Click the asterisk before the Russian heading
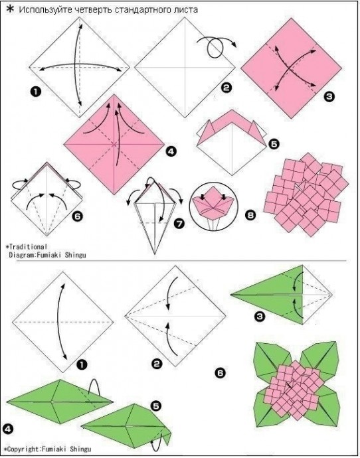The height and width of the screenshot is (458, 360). [10, 9]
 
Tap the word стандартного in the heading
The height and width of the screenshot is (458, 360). [142, 10]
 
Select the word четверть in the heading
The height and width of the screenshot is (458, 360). [93, 10]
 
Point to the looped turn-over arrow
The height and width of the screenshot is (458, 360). [217, 46]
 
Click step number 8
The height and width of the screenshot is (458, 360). [250, 215]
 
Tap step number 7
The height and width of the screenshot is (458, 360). [179, 224]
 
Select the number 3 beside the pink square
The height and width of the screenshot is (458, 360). [329, 96]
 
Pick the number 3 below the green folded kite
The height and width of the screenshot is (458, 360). [260, 316]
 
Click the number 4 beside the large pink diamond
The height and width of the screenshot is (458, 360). [171, 151]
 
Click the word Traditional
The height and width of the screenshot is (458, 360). [28, 247]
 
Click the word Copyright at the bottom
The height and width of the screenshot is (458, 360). [23, 449]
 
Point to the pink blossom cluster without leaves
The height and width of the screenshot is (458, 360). [306, 194]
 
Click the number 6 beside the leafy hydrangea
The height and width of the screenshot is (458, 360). [220, 373]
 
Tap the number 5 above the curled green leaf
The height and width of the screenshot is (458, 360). [155, 406]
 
